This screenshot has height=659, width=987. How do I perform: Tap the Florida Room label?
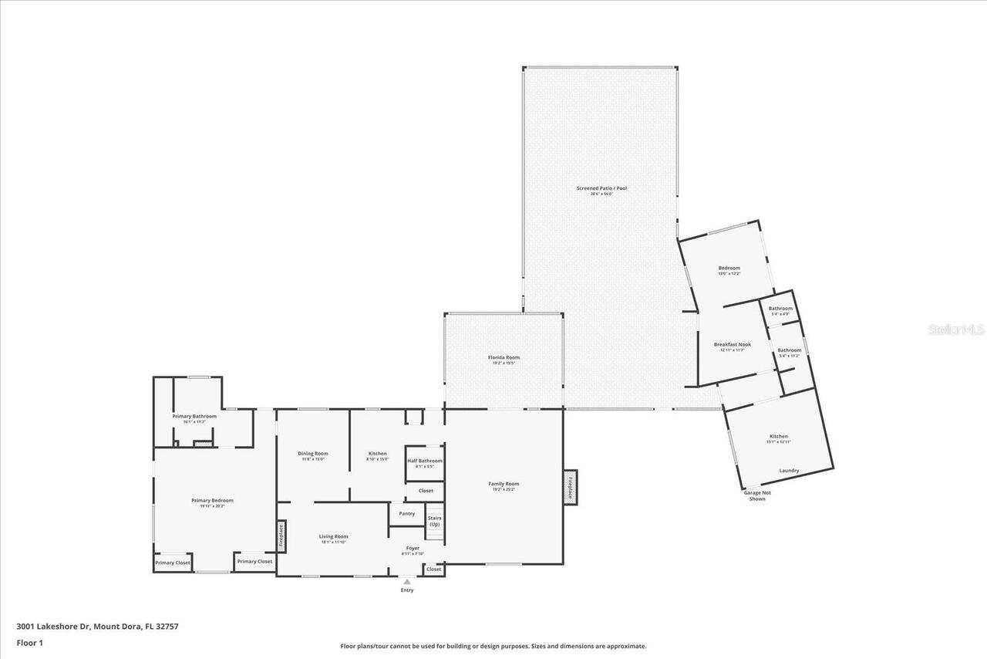tap(504, 357)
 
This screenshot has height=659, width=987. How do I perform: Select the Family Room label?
tap(504, 484)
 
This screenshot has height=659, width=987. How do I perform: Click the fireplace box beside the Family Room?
tap(570, 487)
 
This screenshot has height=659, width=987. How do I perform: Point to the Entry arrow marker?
tap(406, 582)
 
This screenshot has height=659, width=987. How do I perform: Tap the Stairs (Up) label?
tap(434, 521)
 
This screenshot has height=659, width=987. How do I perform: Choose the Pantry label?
tap(406, 513)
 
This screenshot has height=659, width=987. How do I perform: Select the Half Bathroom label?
tap(425, 461)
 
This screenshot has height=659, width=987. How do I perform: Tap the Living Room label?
tap(334, 536)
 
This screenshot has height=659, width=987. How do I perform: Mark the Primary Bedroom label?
tap(212, 500)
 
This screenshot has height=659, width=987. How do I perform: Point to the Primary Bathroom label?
tap(194, 417)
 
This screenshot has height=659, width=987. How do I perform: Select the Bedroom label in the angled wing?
tap(729, 269)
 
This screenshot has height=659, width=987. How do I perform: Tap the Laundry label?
tap(789, 471)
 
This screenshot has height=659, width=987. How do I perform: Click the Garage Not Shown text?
tap(756, 495)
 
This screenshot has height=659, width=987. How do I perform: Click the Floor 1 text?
tap(29, 642)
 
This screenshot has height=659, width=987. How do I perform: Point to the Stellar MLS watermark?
tap(956, 329)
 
